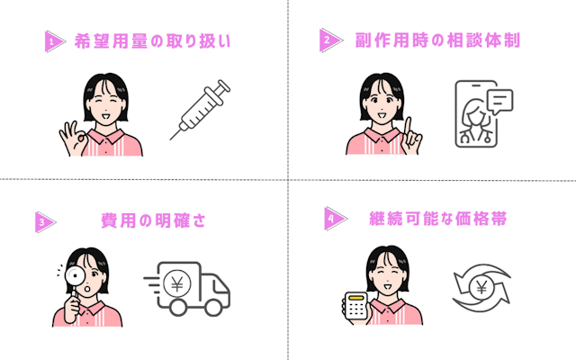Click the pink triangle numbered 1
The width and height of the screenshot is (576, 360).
tap(54, 41)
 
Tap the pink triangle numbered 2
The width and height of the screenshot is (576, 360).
tap(329, 40)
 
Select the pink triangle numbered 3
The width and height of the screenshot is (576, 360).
tap(44, 222)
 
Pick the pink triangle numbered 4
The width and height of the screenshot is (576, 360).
tap(334, 219)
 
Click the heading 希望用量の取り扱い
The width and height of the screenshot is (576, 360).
tap(152, 40)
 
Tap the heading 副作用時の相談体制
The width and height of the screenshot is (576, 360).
tap(437, 40)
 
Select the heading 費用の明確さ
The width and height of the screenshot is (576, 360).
tap(153, 220)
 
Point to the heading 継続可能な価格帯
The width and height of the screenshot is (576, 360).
tap(438, 218)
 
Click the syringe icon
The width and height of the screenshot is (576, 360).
tap(200, 110)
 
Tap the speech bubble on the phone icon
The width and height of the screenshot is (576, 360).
tap(500, 101)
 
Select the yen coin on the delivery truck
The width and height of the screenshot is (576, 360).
tap(177, 283)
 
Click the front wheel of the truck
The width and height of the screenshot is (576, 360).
tap(213, 307)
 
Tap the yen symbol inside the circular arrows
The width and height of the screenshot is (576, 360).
tap(481, 288)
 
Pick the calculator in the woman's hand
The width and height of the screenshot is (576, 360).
tap(356, 306)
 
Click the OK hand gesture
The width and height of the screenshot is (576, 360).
tap(73, 139)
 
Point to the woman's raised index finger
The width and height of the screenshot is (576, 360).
tap(408, 126)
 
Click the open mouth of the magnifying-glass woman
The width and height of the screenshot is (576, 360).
tap(87, 288)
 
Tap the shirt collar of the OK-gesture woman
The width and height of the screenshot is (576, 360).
tap(106, 135)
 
